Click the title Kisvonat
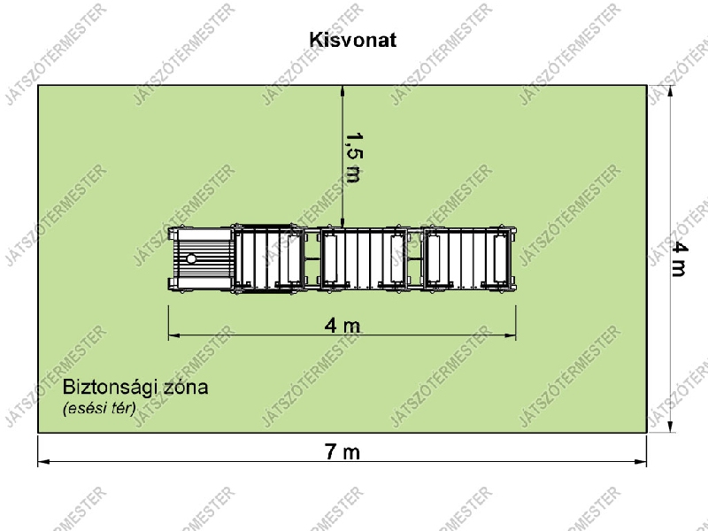pos(352,40)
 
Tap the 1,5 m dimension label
pos(352,158)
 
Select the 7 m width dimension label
pos(342,451)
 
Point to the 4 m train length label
pos(342,325)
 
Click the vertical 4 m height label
pos(679,258)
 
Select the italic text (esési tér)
pos(99,408)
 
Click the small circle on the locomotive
pos(191,259)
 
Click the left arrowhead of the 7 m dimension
pos(43,462)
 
